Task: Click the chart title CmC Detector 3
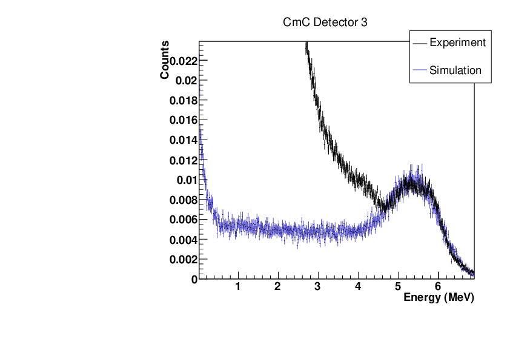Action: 325,22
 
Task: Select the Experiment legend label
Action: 457,42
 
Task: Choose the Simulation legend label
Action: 455,70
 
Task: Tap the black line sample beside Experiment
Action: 419,43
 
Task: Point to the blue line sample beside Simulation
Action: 419,71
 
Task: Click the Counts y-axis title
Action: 165,59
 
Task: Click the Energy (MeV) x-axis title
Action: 439,298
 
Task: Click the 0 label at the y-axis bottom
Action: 194,280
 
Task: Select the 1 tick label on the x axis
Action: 238,286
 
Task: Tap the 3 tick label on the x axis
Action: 318,286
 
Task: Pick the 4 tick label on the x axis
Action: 358,286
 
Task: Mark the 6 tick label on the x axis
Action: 438,286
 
